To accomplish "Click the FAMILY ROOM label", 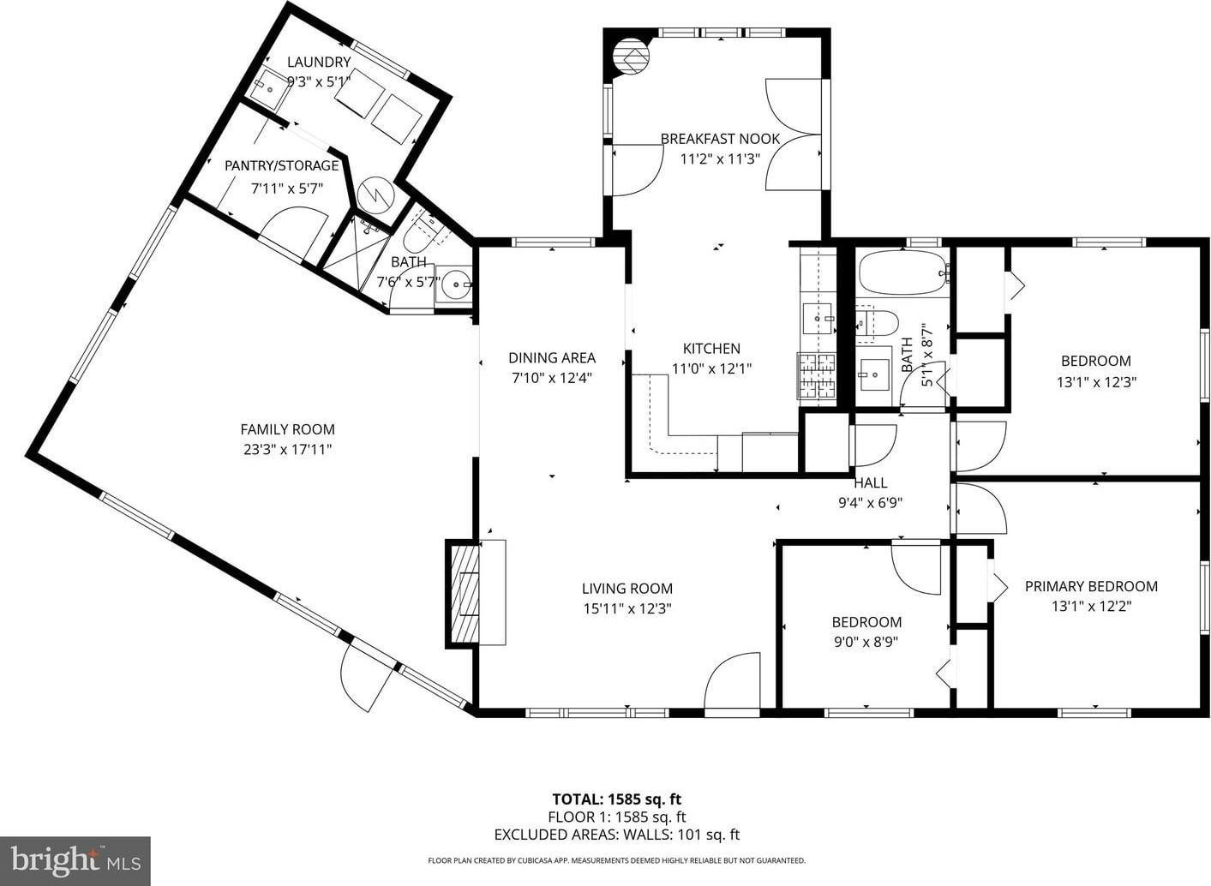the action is [288, 430].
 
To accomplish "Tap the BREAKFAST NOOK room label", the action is [720, 139].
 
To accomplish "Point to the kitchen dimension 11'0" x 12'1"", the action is [711, 368].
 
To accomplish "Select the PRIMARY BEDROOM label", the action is [1091, 586].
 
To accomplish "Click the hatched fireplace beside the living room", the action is [463, 593].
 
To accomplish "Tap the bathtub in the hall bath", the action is [902, 275].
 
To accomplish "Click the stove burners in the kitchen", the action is [817, 376].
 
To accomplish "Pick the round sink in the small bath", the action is [455, 284].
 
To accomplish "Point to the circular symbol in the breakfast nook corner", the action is [631, 57].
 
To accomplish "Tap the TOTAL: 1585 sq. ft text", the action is [616, 799].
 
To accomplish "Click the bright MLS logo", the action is [75, 860].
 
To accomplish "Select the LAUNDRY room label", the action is [319, 63].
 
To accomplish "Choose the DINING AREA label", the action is [551, 357].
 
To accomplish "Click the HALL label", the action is [871, 482].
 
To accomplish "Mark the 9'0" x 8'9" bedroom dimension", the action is [866, 642].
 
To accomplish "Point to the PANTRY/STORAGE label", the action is [282, 165].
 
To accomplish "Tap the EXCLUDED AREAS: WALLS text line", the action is [617, 834].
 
